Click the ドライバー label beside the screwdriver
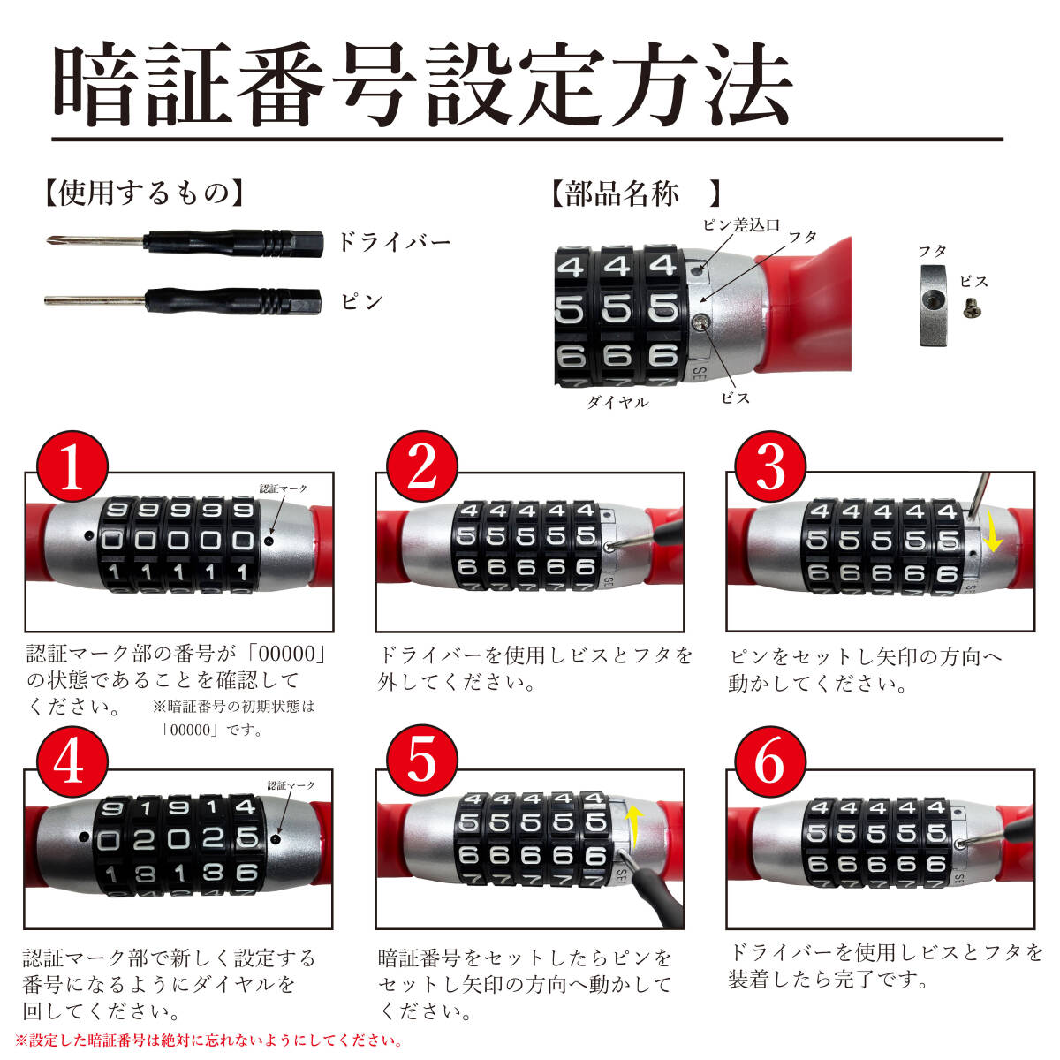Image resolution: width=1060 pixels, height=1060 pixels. pos(394,242)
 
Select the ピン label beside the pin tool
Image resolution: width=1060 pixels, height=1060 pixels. pos(361,301)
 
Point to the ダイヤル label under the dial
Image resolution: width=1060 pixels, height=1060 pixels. pos(617,402)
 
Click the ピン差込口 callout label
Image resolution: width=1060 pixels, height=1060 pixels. pos(741,224)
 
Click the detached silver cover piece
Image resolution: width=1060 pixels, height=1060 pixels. pos(933,306)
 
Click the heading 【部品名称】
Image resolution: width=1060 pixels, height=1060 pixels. pos(635,193)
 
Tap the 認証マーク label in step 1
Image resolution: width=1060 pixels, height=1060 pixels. pos(284,488)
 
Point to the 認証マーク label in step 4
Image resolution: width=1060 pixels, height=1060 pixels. pos(291,785)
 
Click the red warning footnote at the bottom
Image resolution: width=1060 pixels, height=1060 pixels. pos(209,1041)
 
